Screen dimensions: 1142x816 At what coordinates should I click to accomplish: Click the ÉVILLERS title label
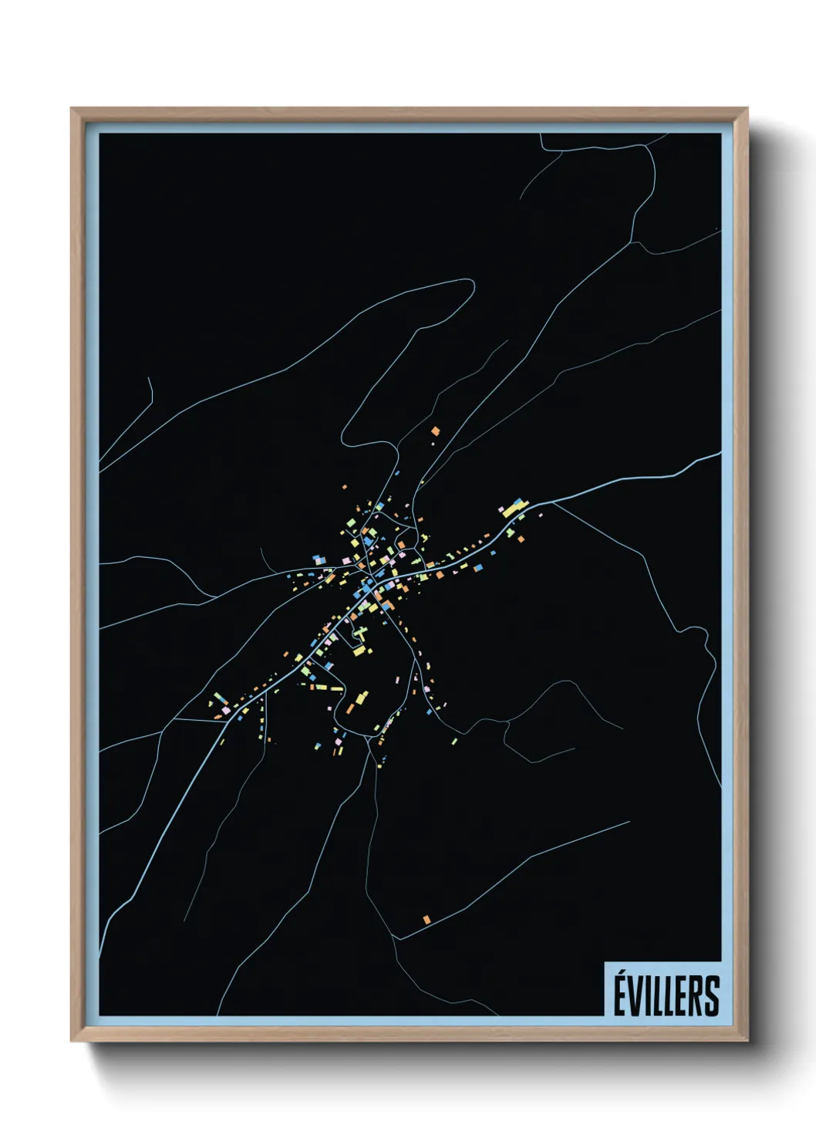coord(666,995)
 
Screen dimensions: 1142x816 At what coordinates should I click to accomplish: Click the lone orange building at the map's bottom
coord(427,919)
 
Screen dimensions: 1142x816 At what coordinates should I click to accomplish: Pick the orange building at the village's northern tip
coord(435,431)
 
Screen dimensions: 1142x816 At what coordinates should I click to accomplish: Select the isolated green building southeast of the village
coord(454,742)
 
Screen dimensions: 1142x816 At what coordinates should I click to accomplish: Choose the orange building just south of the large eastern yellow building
coord(521,539)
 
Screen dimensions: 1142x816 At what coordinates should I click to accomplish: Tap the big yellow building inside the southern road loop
coord(361,698)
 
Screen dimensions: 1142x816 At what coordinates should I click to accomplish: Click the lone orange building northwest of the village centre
coord(345,487)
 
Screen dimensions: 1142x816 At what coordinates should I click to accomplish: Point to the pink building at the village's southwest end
coord(225,708)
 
